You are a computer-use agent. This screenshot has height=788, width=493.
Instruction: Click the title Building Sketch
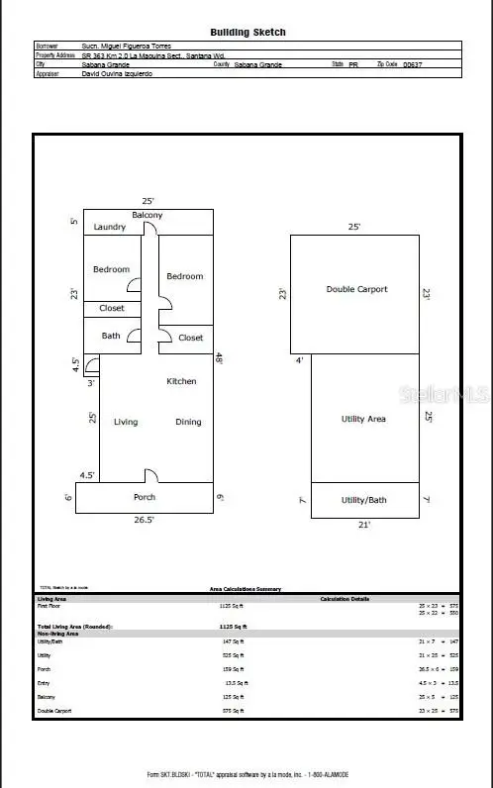(x=247, y=32)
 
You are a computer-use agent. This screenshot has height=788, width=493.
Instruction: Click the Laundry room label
(x=110, y=228)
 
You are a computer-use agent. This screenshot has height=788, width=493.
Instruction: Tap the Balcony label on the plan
(x=148, y=215)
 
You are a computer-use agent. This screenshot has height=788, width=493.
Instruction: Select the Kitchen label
(x=181, y=381)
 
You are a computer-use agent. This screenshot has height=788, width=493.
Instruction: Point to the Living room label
(x=126, y=422)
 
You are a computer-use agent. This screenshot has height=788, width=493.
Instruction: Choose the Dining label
(x=188, y=422)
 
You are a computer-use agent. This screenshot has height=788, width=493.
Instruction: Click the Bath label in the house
(x=111, y=336)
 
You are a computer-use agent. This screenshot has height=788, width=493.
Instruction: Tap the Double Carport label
(x=356, y=289)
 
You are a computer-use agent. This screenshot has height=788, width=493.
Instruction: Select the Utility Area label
(x=362, y=419)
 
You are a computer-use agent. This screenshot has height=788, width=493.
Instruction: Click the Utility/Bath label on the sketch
(x=363, y=500)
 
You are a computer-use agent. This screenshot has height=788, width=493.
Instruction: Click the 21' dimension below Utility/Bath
(x=363, y=525)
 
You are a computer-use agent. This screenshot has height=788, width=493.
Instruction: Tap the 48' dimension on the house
(x=219, y=359)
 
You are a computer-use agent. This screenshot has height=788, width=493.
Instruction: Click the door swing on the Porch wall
(x=150, y=475)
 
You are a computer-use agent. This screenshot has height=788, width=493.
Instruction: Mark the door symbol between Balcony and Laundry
(x=150, y=229)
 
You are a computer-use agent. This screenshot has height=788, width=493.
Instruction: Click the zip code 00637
(x=413, y=63)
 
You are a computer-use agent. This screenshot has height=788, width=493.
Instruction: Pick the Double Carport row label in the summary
(x=56, y=711)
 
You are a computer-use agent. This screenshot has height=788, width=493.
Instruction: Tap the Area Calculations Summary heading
(x=245, y=589)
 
